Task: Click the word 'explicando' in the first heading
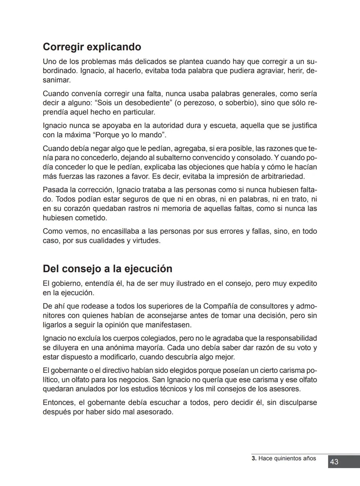[114, 47]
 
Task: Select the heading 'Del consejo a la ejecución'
[107, 269]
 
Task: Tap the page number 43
[334, 462]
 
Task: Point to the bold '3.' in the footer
[254, 458]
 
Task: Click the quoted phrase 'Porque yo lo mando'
[130, 135]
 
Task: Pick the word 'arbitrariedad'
[282, 176]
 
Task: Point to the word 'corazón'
[77, 209]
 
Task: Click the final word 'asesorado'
[156, 412]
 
